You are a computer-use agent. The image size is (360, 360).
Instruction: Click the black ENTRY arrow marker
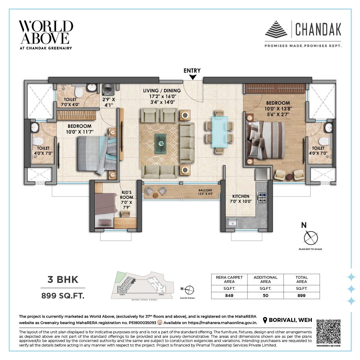193,77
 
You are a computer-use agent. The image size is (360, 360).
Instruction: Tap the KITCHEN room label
241,196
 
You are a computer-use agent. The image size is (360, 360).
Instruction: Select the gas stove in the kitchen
262,197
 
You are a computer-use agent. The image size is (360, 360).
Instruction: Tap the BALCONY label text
205,190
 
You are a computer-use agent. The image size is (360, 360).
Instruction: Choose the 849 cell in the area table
229,295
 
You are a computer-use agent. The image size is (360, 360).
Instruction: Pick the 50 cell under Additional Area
265,295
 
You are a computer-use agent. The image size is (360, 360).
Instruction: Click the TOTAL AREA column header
301,279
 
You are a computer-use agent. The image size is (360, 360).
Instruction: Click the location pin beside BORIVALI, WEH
265,320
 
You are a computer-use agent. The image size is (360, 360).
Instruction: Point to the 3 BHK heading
63,280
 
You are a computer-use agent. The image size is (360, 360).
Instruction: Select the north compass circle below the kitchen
310,238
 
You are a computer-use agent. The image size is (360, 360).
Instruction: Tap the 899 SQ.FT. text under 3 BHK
63,296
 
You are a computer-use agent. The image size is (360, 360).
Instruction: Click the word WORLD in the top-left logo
46,27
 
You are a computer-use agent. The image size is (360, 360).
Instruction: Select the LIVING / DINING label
162,91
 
